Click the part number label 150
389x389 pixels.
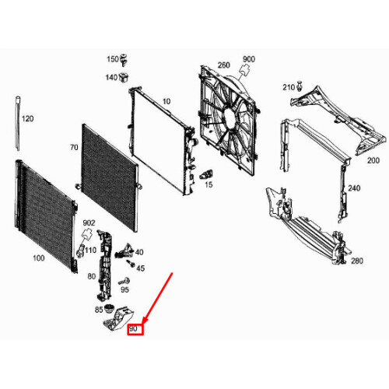tap(112, 60)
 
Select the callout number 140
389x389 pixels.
tap(111, 77)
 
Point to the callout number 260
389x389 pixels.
tap(225, 65)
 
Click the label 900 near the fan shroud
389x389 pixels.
tap(249, 60)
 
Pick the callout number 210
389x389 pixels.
tap(287, 86)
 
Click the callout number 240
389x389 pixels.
tap(354, 188)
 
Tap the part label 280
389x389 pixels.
tap(357, 261)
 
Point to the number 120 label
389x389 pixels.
tap(28, 119)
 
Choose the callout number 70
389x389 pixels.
tap(74, 148)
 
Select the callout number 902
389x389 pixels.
tap(90, 223)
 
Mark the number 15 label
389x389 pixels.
tap(208, 184)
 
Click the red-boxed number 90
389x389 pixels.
tap(133, 330)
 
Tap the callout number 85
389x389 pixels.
tap(99, 310)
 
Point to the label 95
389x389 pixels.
tap(124, 289)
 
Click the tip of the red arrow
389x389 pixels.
tap(141, 321)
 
